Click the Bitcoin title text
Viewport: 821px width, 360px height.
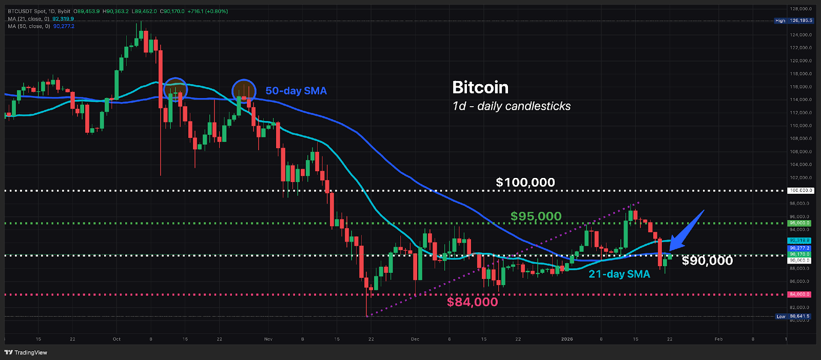coord(480,88)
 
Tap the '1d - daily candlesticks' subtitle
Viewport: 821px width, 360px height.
coord(511,106)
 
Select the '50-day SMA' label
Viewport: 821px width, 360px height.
coord(296,91)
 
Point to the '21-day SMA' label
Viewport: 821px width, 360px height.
coord(619,274)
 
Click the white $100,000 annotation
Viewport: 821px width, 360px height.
coord(525,182)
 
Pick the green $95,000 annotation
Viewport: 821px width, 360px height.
coord(536,216)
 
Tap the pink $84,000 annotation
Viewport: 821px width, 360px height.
coord(472,302)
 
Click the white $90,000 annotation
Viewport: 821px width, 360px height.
coord(707,261)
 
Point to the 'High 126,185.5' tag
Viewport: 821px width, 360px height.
coord(794,21)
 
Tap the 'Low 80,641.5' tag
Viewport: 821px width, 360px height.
coord(793,316)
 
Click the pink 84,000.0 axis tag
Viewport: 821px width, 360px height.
coord(799,294)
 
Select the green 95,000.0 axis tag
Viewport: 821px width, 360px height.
coord(799,223)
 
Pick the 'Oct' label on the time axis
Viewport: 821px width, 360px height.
coord(116,339)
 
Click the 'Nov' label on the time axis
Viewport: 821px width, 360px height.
coord(268,339)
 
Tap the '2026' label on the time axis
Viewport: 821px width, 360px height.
coord(567,339)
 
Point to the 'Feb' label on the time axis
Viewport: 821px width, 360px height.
coord(718,339)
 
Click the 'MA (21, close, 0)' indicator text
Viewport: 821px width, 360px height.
coord(29,19)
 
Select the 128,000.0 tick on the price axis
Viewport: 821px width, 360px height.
coord(801,9)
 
